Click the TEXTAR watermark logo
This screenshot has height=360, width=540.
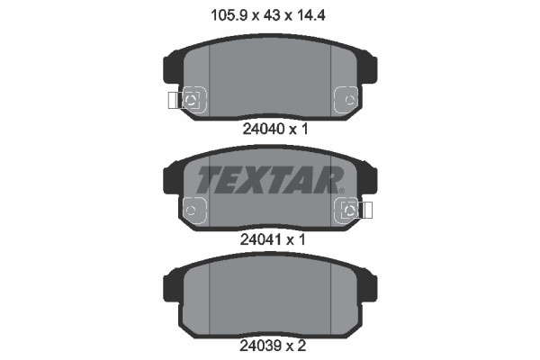coord(270,179)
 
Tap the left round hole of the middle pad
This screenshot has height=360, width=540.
coord(191,210)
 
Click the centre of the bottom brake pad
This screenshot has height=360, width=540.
coord(270,293)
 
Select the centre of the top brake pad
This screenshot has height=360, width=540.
coord(270,77)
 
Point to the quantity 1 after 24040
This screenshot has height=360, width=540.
coord(305,129)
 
